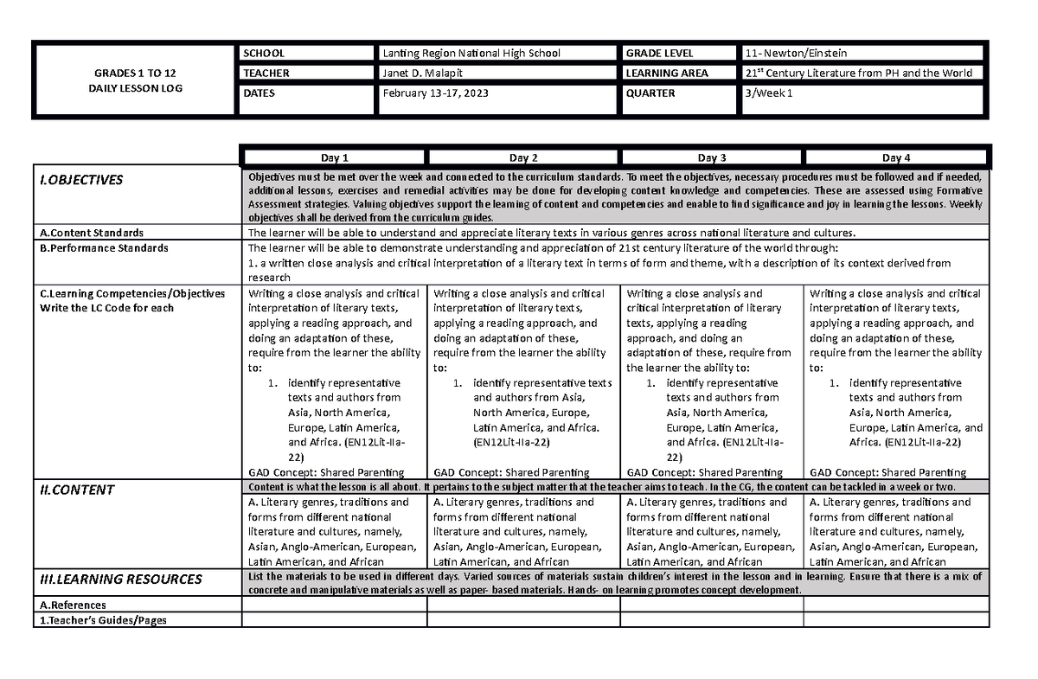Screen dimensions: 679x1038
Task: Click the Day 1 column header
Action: tap(334, 157)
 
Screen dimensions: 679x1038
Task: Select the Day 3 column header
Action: tap(711, 157)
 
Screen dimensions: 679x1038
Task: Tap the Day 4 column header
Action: tap(896, 157)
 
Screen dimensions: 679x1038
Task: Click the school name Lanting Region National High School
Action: tap(471, 54)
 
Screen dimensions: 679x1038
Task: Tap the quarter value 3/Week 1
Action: tap(766, 93)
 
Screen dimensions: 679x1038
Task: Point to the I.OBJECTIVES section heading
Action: tap(80, 181)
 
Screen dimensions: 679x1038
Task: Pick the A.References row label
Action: tap(72, 605)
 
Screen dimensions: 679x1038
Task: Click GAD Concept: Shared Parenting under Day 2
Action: tap(511, 472)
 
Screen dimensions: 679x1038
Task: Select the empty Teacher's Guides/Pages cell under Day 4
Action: tap(895, 619)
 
